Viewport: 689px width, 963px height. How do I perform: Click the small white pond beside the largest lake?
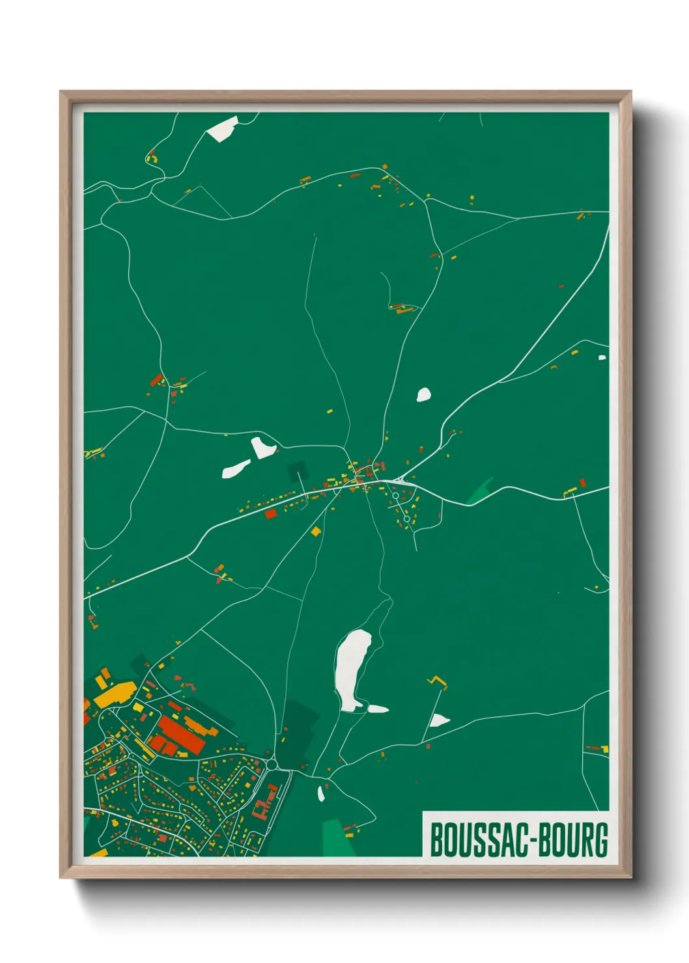378,709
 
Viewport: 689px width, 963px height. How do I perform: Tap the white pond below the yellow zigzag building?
438,720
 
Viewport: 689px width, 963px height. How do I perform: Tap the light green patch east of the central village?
481,491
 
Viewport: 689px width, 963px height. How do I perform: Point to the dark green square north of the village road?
297,470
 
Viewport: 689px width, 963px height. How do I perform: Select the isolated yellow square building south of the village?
316,532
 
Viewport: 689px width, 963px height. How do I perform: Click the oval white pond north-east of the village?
423,394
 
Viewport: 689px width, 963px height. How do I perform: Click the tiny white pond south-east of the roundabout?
320,793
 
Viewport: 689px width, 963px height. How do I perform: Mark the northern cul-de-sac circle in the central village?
395,496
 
